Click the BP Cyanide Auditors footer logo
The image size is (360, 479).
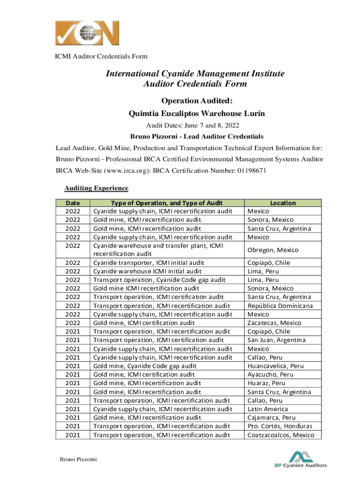coord(300,459)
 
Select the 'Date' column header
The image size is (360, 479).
coord(72,203)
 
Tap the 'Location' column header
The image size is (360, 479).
coord(283,203)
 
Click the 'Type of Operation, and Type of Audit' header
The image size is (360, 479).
coord(166,203)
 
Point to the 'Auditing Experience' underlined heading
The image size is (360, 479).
coord(96,188)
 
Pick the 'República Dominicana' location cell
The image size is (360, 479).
coord(280,305)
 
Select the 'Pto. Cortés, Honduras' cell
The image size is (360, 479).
coord(280,426)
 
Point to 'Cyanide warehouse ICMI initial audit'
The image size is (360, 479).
coord(147,271)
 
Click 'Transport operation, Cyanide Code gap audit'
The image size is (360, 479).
coord(158,280)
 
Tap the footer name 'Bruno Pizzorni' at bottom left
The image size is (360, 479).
coord(78,459)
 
